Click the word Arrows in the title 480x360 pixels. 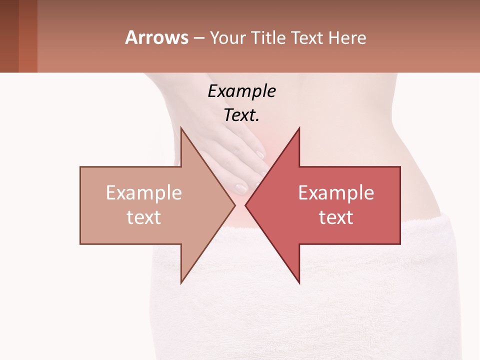point(156,37)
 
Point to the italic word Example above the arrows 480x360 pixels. point(241,91)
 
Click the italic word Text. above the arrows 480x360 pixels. point(241,115)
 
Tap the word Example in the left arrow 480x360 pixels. point(144,193)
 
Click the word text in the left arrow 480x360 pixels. point(144,217)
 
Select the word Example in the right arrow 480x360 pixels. point(336,193)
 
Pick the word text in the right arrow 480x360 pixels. point(336,217)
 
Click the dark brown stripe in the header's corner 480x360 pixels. point(9,36)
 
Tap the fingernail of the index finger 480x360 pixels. point(259,154)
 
